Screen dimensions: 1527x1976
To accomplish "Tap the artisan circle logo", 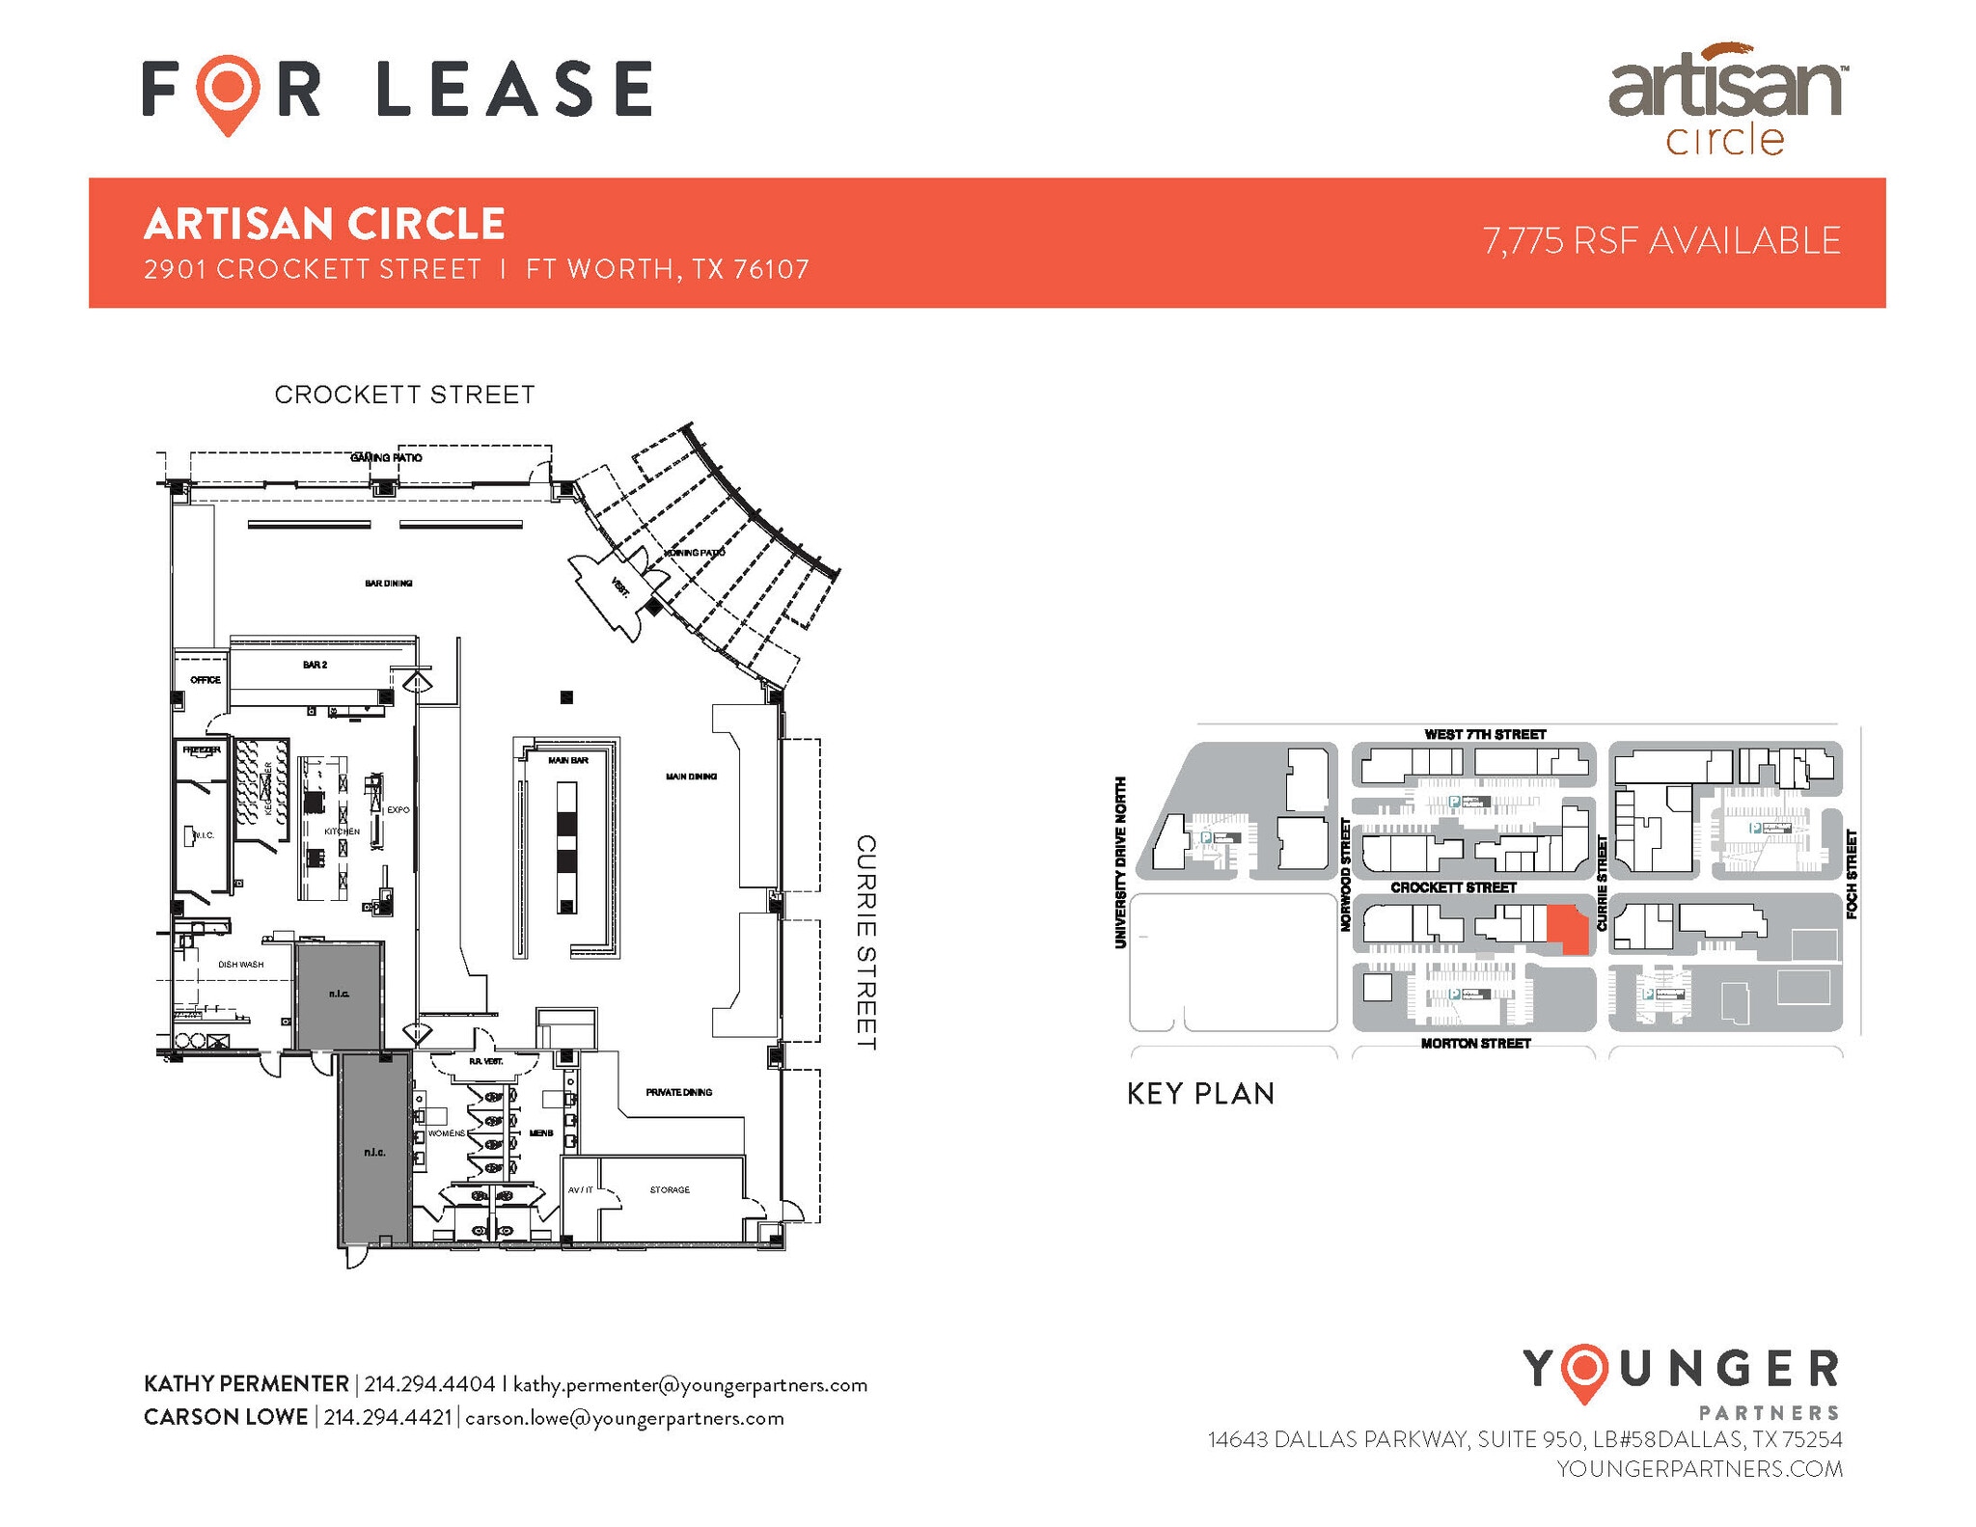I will (1725, 100).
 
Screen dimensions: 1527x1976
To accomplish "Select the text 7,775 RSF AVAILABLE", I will (1661, 241).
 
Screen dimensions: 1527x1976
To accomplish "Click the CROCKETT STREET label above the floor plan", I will (404, 395).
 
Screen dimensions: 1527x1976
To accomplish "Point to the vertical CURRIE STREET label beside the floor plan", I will (866, 942).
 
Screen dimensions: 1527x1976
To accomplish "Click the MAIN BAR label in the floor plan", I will (568, 760).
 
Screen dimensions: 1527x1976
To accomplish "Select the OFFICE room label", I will (206, 680).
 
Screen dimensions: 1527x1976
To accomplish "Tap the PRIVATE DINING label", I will (678, 1092).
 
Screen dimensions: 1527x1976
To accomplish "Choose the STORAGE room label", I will (670, 1189).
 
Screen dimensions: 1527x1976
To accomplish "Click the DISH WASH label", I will (240, 964).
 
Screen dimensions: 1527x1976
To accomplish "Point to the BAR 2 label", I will (315, 665).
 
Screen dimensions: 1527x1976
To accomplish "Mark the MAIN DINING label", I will (691, 777).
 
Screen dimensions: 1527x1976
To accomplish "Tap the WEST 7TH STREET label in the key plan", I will (1485, 735).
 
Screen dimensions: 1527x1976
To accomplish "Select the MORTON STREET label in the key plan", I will (1475, 1044).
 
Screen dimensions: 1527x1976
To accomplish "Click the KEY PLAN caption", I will (1200, 1094).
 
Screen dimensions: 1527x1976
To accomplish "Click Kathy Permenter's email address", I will (690, 1385).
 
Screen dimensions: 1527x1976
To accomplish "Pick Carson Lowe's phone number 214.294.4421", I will (387, 1418).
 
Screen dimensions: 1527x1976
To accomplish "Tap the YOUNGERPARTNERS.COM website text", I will (1699, 1469).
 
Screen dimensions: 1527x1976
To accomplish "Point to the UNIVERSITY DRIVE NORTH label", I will (1121, 862).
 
